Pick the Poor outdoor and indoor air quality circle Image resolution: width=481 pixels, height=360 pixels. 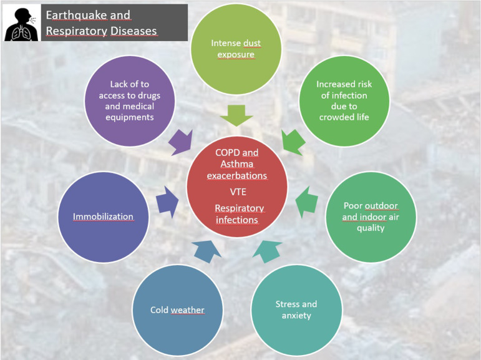point(371,216)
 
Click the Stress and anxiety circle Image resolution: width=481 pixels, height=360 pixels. point(296,310)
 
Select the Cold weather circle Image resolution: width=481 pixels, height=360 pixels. point(177,310)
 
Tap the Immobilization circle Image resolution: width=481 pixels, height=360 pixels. point(103,216)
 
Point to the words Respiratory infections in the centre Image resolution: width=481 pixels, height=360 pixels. point(239,213)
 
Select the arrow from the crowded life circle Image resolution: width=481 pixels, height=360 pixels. point(293,142)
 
